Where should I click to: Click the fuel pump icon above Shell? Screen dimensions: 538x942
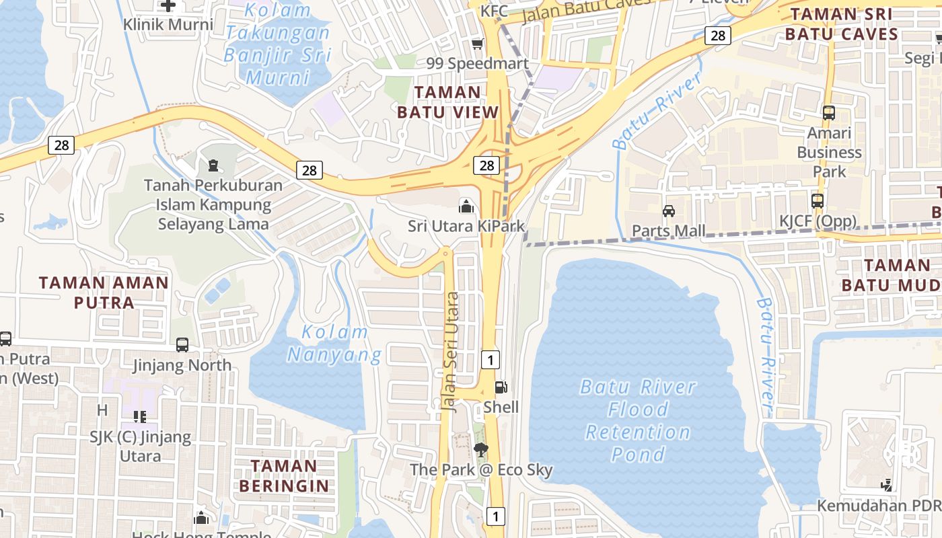click(501, 387)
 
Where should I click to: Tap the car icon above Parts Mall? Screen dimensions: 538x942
click(669, 211)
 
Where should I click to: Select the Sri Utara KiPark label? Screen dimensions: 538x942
click(466, 227)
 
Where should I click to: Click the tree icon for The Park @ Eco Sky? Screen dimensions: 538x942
click(480, 449)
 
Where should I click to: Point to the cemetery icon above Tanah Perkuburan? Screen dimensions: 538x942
click(213, 164)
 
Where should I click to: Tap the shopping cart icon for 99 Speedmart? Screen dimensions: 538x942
click(478, 44)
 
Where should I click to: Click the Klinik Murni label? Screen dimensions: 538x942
click(168, 25)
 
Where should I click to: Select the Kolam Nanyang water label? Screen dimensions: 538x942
click(334, 343)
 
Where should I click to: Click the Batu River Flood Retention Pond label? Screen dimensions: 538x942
click(638, 420)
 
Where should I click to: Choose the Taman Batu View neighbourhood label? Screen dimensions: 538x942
click(448, 102)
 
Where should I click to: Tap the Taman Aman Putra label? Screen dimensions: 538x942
click(104, 293)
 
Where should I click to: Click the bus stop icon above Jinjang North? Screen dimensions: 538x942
click(182, 345)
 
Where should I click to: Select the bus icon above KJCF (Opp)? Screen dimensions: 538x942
click(818, 200)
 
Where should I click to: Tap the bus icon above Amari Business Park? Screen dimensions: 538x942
click(829, 113)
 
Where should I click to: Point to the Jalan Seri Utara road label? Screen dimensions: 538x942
click(450, 351)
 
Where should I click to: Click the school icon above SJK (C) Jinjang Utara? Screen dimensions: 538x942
click(139, 417)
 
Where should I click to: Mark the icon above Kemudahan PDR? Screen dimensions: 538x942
click(887, 485)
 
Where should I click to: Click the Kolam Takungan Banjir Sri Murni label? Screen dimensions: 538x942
click(278, 44)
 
